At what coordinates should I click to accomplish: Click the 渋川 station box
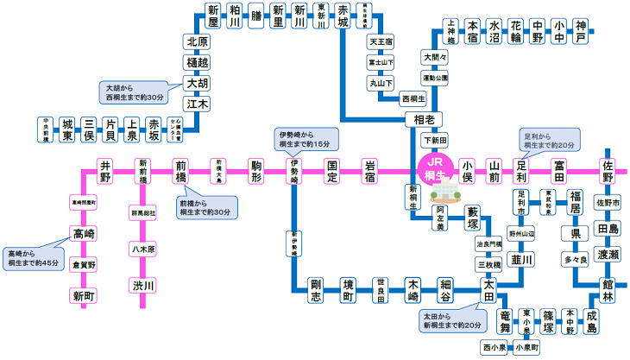coord(142,286)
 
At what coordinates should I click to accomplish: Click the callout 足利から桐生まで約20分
coord(549,141)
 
